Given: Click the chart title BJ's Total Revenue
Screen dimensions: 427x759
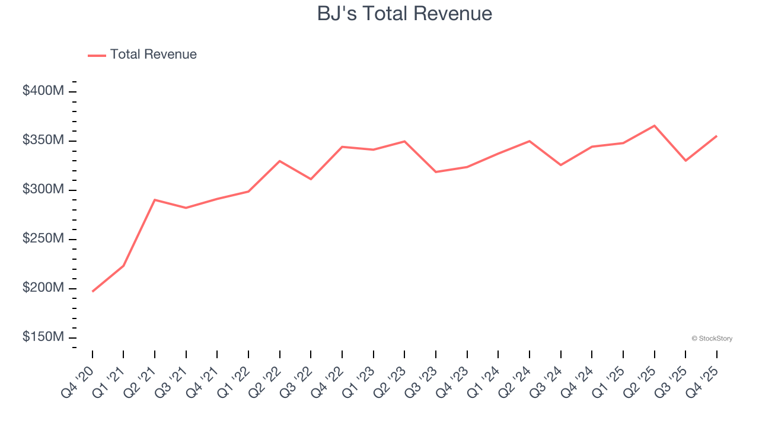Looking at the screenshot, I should pos(404,13).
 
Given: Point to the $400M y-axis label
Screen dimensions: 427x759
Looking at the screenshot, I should pos(43,91).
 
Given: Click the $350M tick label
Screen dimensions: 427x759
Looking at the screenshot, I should pos(43,141).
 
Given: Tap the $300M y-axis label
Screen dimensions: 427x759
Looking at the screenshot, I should pos(43,190).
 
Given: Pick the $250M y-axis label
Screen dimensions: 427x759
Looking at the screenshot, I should pos(43,239).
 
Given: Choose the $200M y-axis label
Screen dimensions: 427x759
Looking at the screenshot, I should pos(43,288).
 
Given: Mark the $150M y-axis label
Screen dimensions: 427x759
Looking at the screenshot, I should pos(43,337).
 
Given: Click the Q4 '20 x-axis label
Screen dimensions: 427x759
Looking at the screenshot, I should pos(77,378).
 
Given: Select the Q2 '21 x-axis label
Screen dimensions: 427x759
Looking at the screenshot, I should pos(139,378).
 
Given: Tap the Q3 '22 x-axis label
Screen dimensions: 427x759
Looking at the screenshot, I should pos(295,378).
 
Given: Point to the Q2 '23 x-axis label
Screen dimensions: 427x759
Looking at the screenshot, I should pos(389,378).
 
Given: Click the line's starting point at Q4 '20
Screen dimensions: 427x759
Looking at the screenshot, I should pos(93,291).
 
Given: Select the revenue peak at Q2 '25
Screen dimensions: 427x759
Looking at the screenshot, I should pos(654,126).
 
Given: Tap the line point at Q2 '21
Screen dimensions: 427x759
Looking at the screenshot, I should pos(155,200).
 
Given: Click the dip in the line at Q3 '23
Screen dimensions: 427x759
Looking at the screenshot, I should pos(436,172).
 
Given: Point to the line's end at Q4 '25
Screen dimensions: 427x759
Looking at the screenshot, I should pos(716,136).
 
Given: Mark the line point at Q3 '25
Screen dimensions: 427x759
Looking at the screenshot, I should pos(685,161).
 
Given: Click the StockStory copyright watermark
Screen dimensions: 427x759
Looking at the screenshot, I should pos(712,339).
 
